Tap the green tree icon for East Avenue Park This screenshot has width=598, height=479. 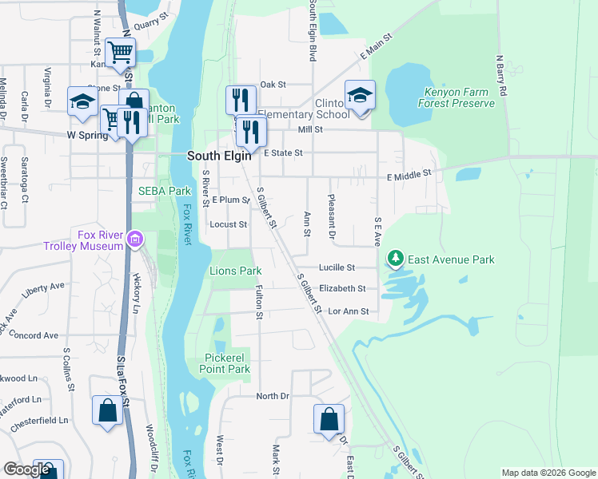[x=395, y=259]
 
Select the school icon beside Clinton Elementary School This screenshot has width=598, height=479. [x=360, y=96]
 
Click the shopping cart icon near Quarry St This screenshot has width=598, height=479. [x=119, y=53]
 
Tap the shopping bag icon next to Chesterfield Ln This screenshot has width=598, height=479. [x=107, y=411]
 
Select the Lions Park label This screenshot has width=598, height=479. [x=236, y=271]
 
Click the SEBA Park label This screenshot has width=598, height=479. [x=165, y=191]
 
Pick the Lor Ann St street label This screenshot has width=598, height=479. [x=348, y=311]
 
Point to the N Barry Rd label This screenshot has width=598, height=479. [x=501, y=76]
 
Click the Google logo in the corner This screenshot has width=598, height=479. [x=26, y=469]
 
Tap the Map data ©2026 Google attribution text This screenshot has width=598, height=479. [x=548, y=473]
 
